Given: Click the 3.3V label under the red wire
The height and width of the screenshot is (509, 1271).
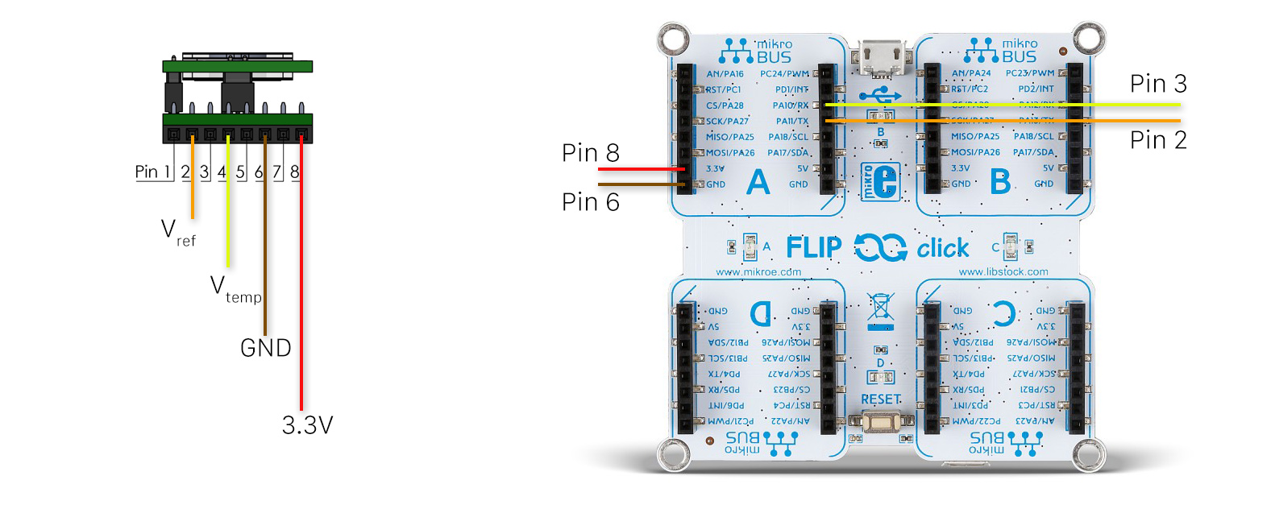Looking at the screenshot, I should coord(307,425).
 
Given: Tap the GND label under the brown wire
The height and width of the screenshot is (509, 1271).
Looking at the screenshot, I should coord(265,348).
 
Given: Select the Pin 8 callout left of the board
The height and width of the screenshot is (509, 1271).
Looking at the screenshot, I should coord(590,153).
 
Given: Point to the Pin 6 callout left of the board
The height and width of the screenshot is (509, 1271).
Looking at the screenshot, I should coord(590,202).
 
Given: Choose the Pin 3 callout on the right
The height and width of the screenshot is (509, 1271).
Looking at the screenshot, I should coord(1157,84).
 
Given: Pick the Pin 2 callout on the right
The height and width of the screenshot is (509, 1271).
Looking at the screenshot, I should coord(1157,140).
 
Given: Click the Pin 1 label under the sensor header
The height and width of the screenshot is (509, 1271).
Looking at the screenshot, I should coord(152,172).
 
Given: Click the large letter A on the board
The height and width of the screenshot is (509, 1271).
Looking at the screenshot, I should coord(758,183).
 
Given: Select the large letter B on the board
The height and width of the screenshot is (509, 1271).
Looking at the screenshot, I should coord(1000,183).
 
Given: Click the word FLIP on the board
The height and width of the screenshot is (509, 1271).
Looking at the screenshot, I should coord(813,248).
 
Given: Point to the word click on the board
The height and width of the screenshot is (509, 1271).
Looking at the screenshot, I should coord(942,248).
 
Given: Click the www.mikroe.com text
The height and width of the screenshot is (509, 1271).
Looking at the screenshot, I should coord(758,272).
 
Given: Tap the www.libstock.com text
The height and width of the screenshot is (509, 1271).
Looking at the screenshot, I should coord(1003,272).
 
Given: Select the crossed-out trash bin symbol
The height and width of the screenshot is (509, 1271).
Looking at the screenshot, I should coord(880,308).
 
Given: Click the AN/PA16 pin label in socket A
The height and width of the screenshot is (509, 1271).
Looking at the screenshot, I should coord(725,74).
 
